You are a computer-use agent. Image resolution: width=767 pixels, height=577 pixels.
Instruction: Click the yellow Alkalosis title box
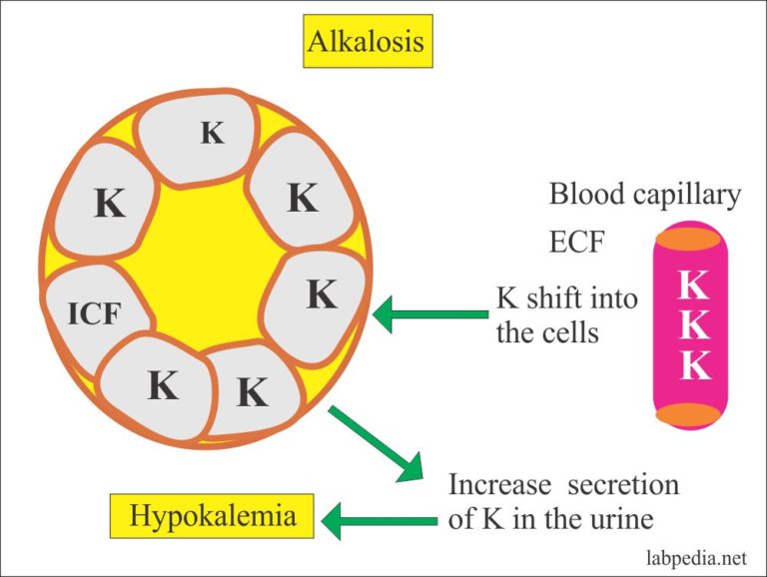click(365, 42)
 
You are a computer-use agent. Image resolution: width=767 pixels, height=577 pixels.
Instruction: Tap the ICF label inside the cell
click(94, 315)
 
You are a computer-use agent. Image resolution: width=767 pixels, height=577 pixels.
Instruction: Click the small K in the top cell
click(212, 133)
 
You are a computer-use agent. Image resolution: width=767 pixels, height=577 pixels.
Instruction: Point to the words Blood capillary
click(645, 195)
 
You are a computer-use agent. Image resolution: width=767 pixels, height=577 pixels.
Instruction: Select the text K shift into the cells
click(566, 314)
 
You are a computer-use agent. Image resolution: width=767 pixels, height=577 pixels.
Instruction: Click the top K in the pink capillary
click(693, 287)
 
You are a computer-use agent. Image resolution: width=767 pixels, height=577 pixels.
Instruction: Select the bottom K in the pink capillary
click(693, 366)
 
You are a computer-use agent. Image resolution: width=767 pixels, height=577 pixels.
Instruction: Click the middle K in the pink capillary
click(693, 326)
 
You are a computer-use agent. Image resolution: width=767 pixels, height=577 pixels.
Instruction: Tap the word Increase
click(499, 485)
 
